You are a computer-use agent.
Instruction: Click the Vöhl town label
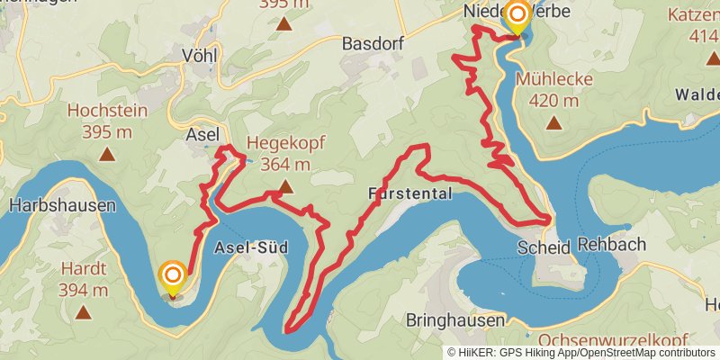point(200,52)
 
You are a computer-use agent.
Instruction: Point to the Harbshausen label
point(63,205)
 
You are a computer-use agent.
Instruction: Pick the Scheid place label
point(544,246)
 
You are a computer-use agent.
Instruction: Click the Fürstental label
point(410,194)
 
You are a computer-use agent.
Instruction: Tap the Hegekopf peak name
point(285,142)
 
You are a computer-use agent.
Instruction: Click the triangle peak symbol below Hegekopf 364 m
point(285,187)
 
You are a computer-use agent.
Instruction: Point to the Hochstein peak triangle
point(107,155)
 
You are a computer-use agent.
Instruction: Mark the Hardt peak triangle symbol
point(84,312)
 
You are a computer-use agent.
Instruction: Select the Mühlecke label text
point(554,79)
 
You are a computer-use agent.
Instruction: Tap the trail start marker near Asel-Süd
point(172,276)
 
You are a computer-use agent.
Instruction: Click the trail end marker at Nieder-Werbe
point(517,16)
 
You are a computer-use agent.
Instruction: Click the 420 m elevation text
point(553,100)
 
